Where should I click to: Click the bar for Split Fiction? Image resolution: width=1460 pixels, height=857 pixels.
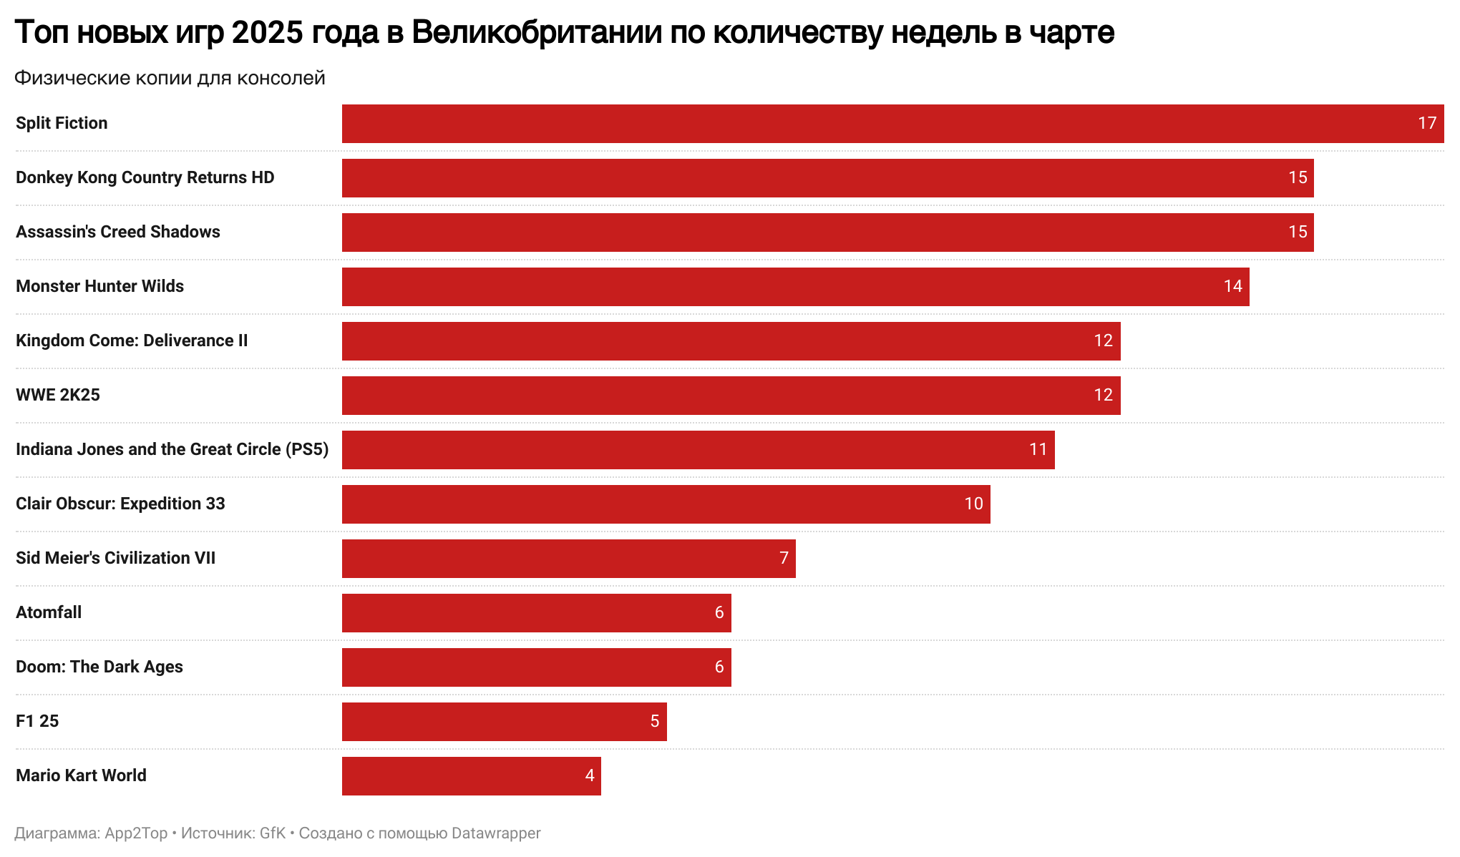(x=892, y=124)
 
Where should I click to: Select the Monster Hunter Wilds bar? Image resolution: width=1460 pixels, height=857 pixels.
(x=795, y=287)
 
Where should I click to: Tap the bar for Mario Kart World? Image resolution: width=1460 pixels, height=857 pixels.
(x=471, y=776)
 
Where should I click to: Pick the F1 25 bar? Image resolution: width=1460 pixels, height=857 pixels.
(x=504, y=722)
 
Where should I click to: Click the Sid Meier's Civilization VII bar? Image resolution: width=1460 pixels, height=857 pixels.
(x=568, y=559)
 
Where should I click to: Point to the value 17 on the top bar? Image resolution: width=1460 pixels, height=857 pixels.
(x=1427, y=124)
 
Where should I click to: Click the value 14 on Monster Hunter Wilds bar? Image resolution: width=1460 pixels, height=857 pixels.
(x=1232, y=287)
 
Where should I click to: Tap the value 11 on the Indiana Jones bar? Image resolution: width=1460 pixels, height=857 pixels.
(x=1038, y=450)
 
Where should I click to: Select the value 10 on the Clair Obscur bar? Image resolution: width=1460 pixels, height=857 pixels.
(x=973, y=504)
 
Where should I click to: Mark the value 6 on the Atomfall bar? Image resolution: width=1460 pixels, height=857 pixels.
(x=719, y=613)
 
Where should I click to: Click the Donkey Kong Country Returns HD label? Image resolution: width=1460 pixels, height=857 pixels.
(x=145, y=178)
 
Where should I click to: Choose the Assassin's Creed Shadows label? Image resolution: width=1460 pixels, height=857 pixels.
(x=118, y=232)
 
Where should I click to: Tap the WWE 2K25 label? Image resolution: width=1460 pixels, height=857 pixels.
(x=58, y=396)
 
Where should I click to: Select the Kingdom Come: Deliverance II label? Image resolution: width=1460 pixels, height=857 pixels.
(x=132, y=341)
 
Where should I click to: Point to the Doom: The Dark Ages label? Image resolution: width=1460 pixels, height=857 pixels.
(x=99, y=667)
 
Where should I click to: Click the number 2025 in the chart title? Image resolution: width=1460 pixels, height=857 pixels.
(x=268, y=33)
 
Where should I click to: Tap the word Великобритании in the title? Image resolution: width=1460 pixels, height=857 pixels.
(x=536, y=33)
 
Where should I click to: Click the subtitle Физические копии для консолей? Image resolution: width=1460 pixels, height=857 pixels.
(x=170, y=78)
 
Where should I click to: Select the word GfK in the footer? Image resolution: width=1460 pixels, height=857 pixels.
(x=273, y=833)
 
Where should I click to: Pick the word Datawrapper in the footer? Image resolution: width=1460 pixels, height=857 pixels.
(x=496, y=833)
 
